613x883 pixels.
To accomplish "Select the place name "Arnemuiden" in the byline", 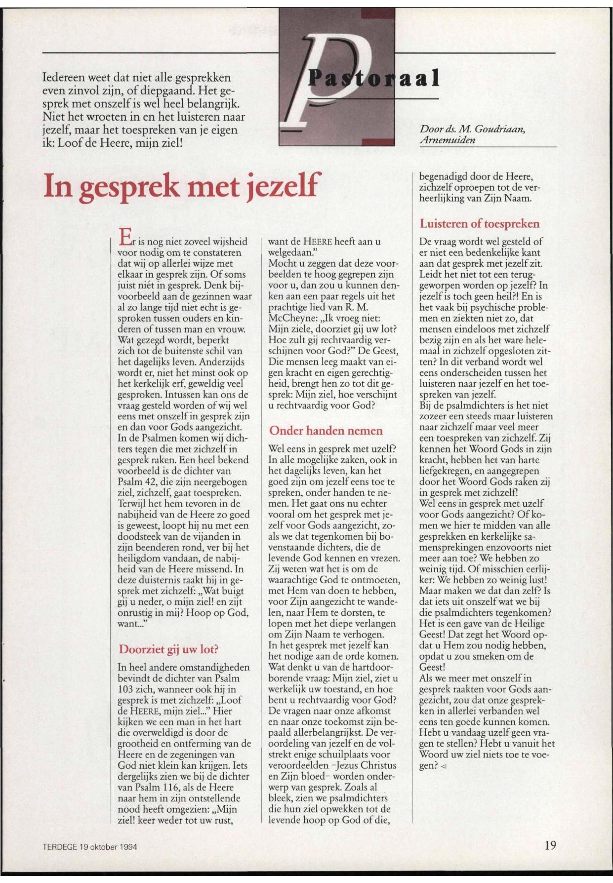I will (448, 140).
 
